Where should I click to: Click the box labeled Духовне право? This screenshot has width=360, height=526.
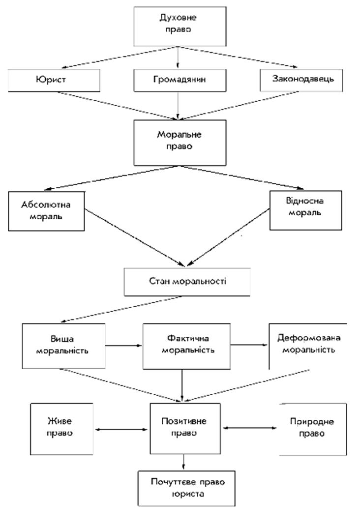[x=180, y=26]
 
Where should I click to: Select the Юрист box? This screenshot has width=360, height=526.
[x=54, y=80]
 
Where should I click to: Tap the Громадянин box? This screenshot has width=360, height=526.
[x=180, y=80]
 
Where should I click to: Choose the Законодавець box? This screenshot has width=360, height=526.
[x=301, y=80]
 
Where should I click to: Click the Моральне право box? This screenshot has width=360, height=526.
[x=180, y=143]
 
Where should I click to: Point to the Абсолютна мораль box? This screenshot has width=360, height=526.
[x=46, y=211]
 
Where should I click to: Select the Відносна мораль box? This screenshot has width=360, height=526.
[x=305, y=210]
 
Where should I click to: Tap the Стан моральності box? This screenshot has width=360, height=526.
[x=187, y=282]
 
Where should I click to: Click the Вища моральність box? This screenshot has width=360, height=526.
[x=64, y=346]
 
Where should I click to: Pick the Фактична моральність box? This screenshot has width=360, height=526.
[x=186, y=346]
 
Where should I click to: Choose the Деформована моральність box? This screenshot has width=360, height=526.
[x=308, y=346]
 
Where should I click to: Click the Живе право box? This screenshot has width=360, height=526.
[x=62, y=429]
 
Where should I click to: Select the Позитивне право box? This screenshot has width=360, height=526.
[x=185, y=428]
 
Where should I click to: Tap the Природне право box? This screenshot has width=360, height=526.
[x=313, y=429]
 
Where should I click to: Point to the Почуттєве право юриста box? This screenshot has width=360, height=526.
[x=186, y=488]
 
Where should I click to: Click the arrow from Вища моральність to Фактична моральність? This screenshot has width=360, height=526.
[x=124, y=345]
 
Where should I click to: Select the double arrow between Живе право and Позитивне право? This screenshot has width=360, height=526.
[x=121, y=429]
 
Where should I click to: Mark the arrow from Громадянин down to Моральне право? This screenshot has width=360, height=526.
[x=178, y=106]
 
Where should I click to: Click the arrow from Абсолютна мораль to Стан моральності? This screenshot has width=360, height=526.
[x=135, y=238]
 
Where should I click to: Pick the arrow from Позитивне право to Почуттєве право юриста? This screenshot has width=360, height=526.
[x=183, y=462]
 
